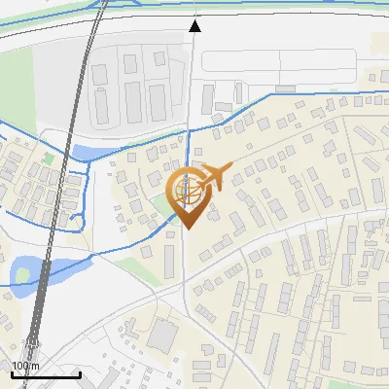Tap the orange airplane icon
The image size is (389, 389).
(x=214, y=176)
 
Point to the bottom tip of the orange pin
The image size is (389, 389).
(x=188, y=229)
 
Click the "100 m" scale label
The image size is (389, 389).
(x=21, y=366)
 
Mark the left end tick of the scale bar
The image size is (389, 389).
(x=11, y=371)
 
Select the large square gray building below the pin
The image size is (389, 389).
(x=163, y=336)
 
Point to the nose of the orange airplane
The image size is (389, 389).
(x=230, y=170)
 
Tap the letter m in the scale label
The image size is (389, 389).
(x=31, y=366)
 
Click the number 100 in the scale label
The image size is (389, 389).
(x=18, y=366)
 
